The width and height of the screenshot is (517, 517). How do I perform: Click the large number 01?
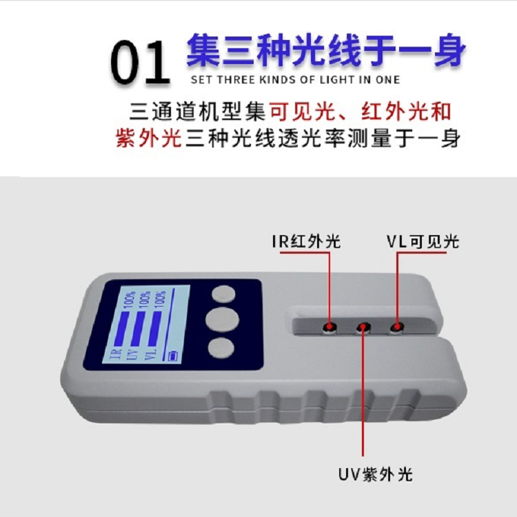click(x=140, y=61)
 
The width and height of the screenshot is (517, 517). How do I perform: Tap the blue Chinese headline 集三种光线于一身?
click(x=326, y=50)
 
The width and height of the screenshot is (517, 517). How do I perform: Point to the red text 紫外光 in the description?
click(x=149, y=138)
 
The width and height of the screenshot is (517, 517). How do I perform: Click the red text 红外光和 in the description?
click(x=406, y=112)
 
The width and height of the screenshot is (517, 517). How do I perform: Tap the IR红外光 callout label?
click(x=305, y=241)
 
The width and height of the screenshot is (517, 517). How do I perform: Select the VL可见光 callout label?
click(x=423, y=241)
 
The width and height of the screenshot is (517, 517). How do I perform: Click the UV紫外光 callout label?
click(x=375, y=474)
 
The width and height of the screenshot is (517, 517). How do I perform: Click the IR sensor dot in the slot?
click(x=329, y=327)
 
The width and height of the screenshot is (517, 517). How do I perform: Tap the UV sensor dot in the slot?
click(x=363, y=327)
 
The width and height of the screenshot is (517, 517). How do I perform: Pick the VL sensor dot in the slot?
click(x=397, y=327)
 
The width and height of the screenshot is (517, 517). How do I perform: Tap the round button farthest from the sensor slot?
click(x=221, y=348)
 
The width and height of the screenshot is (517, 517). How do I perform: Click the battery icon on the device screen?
click(x=173, y=356)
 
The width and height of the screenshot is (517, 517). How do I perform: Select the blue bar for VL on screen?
click(x=154, y=329)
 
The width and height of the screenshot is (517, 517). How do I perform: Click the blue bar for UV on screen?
click(x=139, y=328)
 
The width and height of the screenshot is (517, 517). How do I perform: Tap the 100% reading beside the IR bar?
click(x=130, y=299)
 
